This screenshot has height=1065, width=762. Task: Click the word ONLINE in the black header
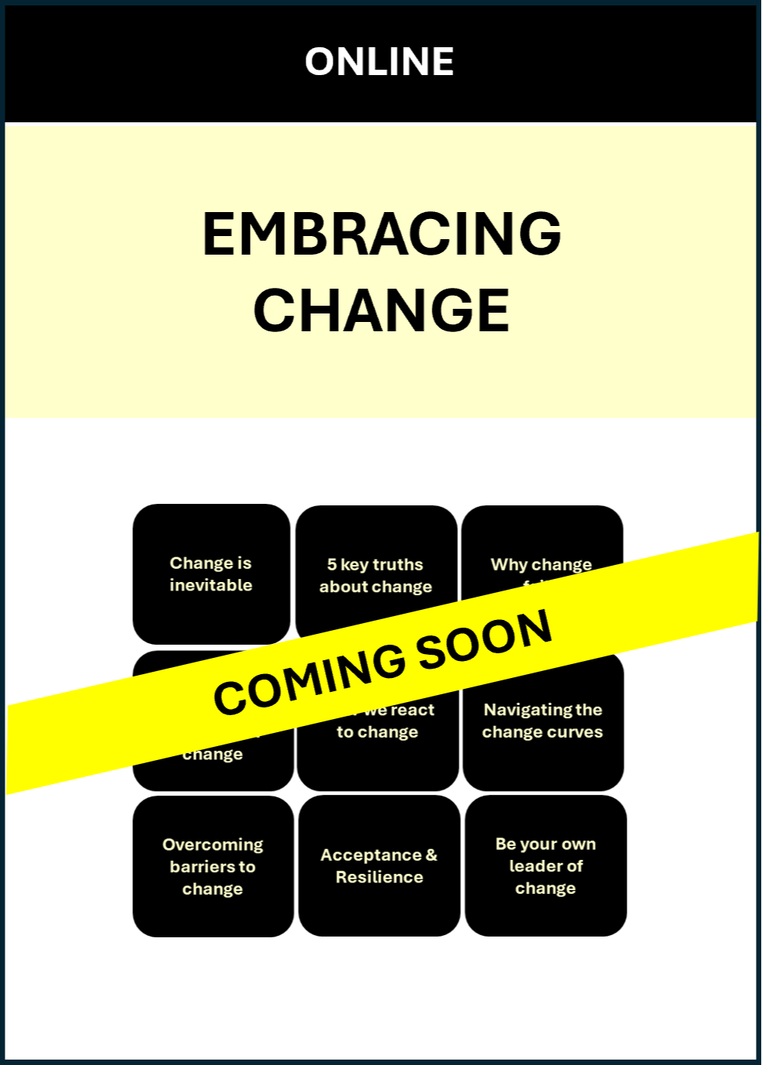tap(379, 62)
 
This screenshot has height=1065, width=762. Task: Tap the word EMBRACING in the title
tap(381, 234)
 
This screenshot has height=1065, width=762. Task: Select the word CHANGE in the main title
tap(381, 310)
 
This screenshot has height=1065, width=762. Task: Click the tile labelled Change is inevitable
tap(211, 574)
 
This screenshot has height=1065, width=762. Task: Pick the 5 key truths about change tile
tap(376, 575)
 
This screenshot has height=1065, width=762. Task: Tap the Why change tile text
tap(541, 565)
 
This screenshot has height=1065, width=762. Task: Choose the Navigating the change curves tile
tap(542, 721)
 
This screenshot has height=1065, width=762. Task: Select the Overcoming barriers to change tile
tap(213, 866)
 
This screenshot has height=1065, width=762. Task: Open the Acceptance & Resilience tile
tap(379, 865)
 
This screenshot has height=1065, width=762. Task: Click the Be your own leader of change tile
tap(545, 865)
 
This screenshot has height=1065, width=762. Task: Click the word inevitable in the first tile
tap(211, 585)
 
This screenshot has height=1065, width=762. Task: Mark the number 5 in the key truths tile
tap(331, 564)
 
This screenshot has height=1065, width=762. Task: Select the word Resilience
tap(379, 877)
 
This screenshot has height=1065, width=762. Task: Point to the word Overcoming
tap(213, 844)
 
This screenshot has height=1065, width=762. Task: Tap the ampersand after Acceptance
tap(431, 854)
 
